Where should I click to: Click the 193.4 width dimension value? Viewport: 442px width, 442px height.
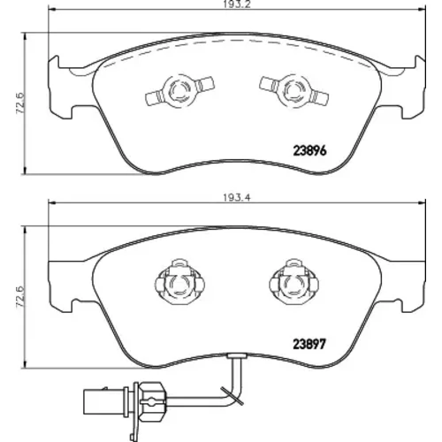coord(237,198)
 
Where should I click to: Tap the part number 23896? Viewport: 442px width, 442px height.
coord(309,151)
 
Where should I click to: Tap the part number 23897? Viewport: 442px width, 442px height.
coord(309,344)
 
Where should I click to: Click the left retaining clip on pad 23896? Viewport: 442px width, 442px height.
coord(179,90)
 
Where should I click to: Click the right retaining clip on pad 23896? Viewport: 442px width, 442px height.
coord(294,90)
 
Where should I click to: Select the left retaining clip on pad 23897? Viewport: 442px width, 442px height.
coord(179,283)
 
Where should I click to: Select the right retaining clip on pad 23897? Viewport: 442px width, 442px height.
coord(293,283)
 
